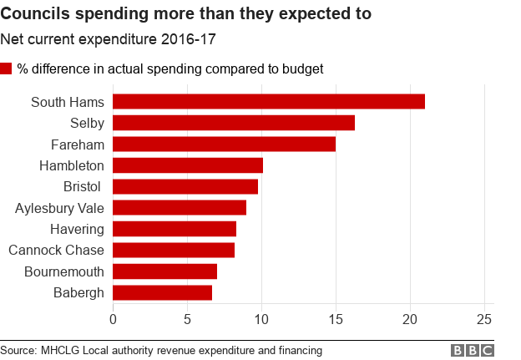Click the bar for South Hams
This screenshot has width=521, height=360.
pyautogui.click(x=268, y=102)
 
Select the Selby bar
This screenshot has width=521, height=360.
pyautogui.click(x=233, y=123)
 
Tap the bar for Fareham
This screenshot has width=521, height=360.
pyautogui.click(x=224, y=145)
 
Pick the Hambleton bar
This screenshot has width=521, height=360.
pyautogui.click(x=187, y=165)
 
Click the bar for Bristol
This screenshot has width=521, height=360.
pyautogui.click(x=185, y=186)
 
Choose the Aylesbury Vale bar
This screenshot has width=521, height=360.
pyautogui.click(x=179, y=208)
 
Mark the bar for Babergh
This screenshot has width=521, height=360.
pyautogui.click(x=162, y=292)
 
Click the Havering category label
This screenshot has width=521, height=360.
pyautogui.click(x=76, y=229)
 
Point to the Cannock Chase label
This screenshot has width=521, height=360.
pyautogui.click(x=56, y=250)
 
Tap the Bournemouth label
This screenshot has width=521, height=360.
pyautogui.click(x=64, y=271)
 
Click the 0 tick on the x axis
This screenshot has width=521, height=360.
pyautogui.click(x=113, y=318)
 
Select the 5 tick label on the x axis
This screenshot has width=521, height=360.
pyautogui.click(x=187, y=318)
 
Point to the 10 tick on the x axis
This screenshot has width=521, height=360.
pyautogui.click(x=261, y=318)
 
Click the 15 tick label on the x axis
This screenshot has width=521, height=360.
pyautogui.click(x=336, y=318)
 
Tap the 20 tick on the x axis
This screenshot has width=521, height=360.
pyautogui.click(x=410, y=318)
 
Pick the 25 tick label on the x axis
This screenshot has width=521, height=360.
pyautogui.click(x=484, y=318)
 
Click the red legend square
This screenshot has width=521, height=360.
pyautogui.click(x=7, y=68)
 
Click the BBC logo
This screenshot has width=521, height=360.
pyautogui.click(x=473, y=350)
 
